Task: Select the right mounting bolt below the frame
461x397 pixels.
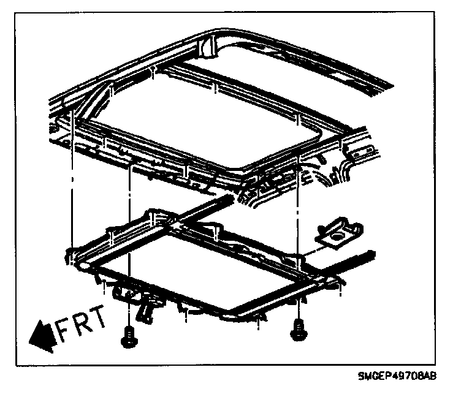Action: tap(299, 331)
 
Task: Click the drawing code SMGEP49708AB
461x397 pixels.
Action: tap(396, 376)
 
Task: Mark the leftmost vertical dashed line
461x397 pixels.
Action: tap(72, 184)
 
